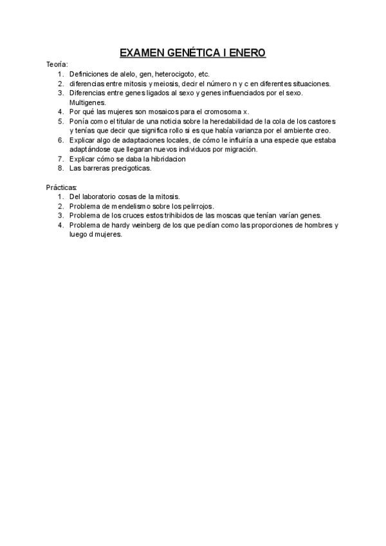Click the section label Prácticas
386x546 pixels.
pyautogui.click(x=62, y=187)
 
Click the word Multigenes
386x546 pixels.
pyautogui.click(x=87, y=102)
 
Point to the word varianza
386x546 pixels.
pyautogui.click(x=252, y=130)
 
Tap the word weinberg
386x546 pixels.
pyautogui.click(x=151, y=225)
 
